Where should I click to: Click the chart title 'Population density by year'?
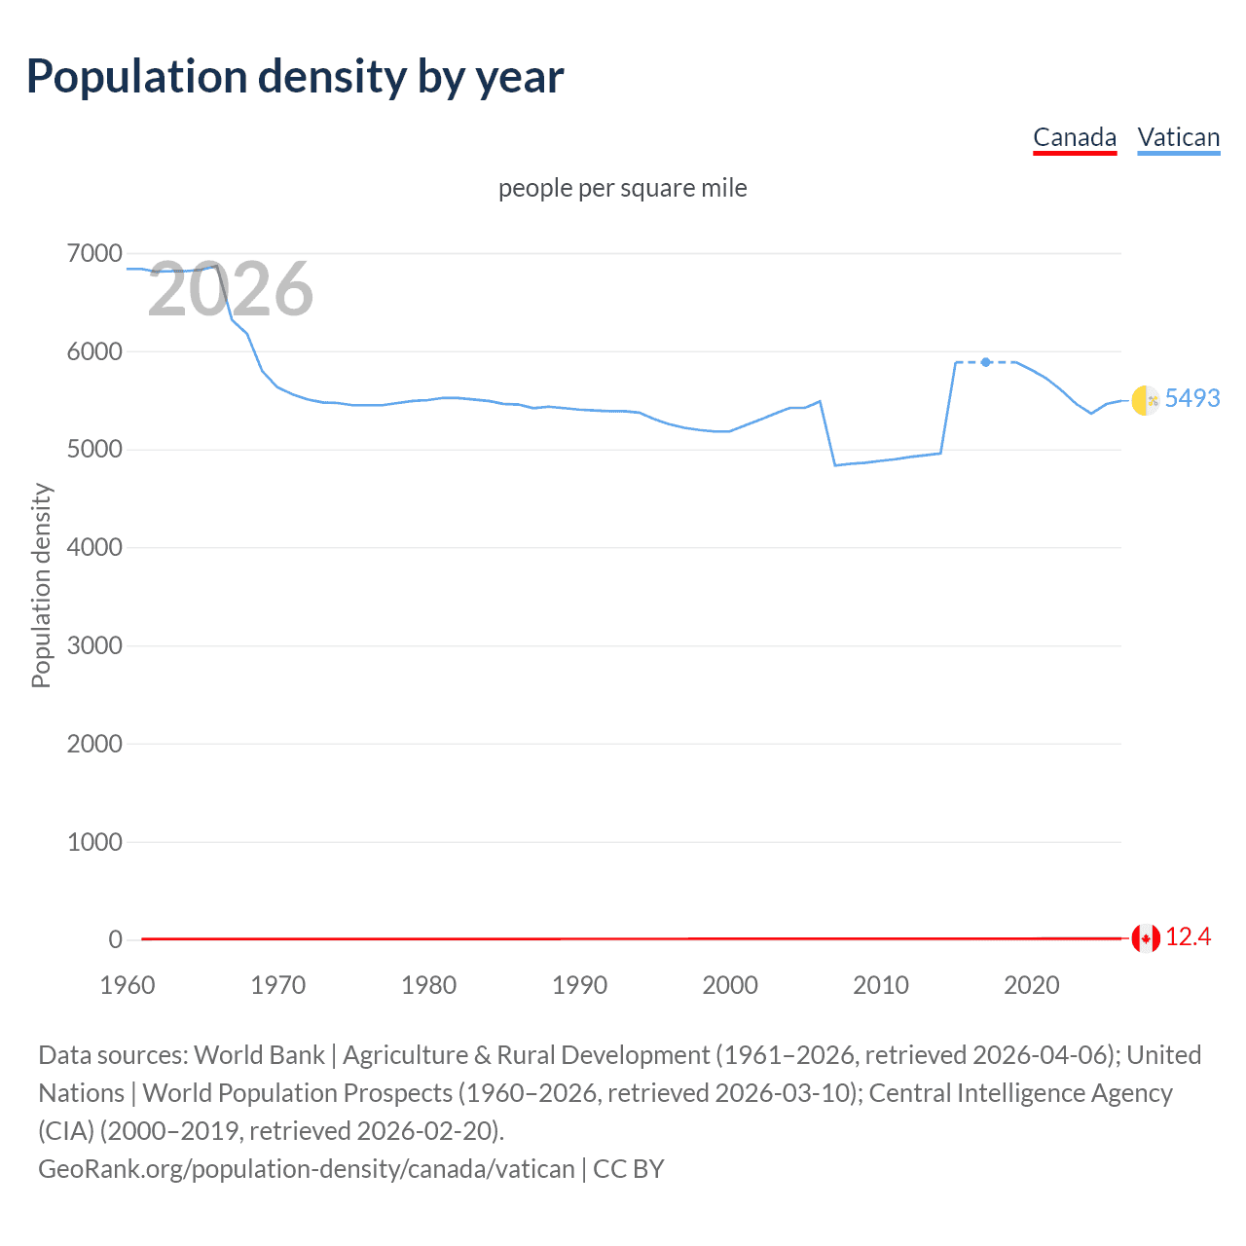point(295,77)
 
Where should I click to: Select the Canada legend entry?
point(1074,137)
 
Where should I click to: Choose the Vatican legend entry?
point(1178,137)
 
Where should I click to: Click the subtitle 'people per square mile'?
point(622,188)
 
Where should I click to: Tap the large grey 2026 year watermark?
point(230,289)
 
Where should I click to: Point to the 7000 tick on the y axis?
point(94,254)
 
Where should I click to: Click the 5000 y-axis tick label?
point(94,450)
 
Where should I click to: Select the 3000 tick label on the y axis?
point(94,646)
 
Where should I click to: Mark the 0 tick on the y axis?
point(115,939)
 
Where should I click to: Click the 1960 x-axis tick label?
point(128,985)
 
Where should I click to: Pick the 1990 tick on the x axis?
point(579,985)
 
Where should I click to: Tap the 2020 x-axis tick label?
point(1031,985)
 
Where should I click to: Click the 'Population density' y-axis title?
point(41,586)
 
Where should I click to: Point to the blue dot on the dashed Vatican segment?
point(986,362)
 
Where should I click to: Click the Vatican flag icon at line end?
point(1146,400)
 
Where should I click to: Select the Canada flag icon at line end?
point(1146,938)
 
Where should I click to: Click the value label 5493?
point(1191,398)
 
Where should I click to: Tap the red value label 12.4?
point(1188,936)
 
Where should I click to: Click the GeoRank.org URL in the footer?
point(306,1168)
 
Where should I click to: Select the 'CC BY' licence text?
point(629,1168)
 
